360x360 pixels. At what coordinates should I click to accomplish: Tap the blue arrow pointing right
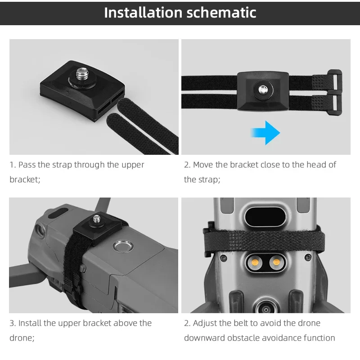(265, 132)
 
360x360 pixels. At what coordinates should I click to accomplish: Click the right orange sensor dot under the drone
(275, 262)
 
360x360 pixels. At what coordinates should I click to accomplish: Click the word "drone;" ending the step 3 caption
(22, 338)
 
